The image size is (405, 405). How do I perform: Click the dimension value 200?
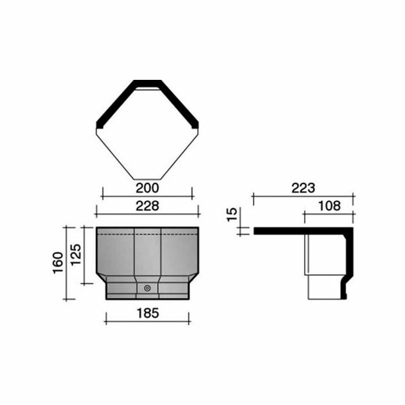[148, 189]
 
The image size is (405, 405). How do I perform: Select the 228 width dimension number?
[148, 205]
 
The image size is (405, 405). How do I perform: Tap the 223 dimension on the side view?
[303, 188]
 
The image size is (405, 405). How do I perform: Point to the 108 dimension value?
[328, 205]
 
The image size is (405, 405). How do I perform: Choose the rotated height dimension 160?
[58, 263]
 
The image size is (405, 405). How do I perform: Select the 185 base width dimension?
[148, 313]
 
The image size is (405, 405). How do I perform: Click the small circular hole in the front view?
[148, 288]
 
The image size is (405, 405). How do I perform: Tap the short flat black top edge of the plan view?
[148, 83]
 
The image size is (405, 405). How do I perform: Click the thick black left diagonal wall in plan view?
[115, 104]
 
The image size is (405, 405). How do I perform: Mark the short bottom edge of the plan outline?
[148, 179]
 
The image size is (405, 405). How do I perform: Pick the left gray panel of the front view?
[116, 255]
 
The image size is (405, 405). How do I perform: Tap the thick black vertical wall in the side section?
[347, 260]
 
